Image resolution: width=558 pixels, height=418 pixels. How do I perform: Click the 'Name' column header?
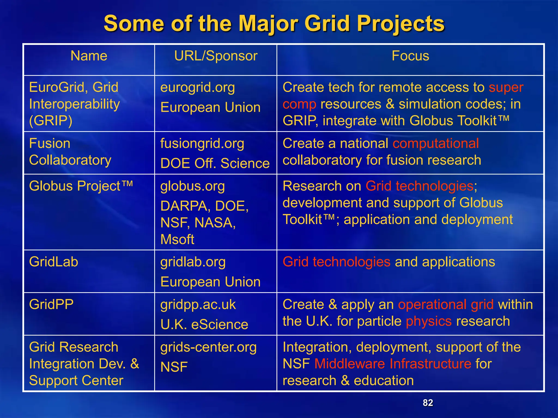89,56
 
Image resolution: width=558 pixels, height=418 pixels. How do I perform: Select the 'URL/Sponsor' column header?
216,56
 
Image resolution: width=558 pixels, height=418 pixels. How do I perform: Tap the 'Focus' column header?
410,56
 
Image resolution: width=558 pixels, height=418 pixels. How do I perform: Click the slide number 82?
428,403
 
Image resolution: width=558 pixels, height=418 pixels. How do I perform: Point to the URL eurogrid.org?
198,88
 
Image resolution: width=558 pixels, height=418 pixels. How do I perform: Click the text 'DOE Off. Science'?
215,164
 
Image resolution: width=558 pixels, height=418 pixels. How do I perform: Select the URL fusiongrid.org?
202,144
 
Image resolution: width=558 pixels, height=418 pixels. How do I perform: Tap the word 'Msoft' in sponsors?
177,240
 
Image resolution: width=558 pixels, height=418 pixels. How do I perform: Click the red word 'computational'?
436,143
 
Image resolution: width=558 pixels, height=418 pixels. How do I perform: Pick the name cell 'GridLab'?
54,262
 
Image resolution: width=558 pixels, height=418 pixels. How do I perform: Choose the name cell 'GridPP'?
51,305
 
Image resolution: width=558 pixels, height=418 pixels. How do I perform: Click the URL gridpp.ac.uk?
198,305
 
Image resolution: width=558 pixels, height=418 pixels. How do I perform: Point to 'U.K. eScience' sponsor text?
204,325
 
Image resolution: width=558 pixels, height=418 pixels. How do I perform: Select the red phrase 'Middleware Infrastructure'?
393,364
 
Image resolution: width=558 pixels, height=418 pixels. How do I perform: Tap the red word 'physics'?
429,321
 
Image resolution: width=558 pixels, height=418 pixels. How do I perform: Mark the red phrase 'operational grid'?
446,305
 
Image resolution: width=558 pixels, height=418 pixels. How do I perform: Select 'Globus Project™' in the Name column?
81,186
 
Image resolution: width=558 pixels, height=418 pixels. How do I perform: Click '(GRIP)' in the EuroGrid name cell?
51,121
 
